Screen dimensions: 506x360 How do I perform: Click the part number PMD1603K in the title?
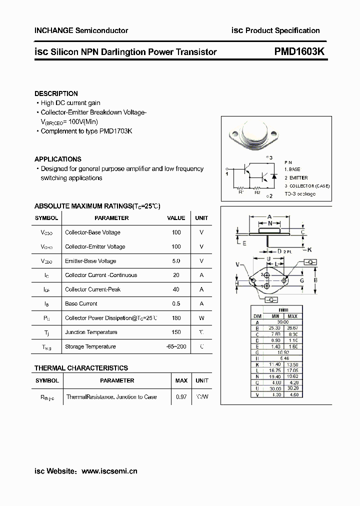point(299,51)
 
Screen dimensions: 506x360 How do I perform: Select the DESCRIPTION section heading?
point(56,93)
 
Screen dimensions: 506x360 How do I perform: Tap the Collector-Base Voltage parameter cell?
point(92,232)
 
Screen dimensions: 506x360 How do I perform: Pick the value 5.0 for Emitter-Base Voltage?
point(176,261)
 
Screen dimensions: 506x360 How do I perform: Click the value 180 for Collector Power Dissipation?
point(176,318)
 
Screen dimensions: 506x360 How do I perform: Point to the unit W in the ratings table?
point(201,318)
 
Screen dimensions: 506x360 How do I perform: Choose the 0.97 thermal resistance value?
point(181,397)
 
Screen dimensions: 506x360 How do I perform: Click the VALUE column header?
point(176,218)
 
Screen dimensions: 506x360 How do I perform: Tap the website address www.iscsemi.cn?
point(109,471)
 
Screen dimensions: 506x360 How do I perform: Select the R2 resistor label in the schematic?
point(257,192)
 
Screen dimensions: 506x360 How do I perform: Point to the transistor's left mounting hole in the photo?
point(233,133)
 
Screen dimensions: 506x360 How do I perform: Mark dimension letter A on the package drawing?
point(269,216)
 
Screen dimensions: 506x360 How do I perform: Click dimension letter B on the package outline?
point(315,280)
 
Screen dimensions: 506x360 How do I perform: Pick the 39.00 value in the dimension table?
point(283,322)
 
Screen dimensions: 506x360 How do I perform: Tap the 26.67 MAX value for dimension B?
point(292,328)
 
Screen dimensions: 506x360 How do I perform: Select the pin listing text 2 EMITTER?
point(296,178)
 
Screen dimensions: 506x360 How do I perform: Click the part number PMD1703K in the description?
point(115,131)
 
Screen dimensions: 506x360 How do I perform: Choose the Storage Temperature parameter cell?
point(90,346)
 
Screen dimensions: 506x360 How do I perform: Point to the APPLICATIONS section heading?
point(57,159)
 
